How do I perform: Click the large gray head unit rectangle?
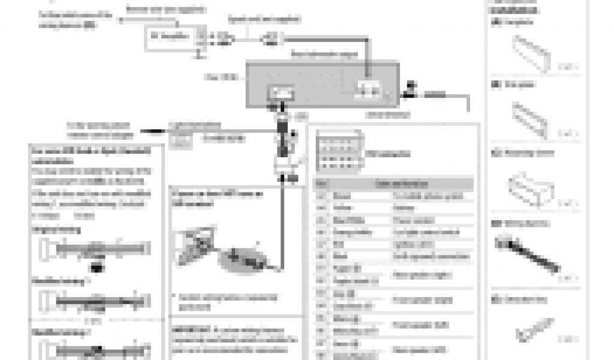(323, 83)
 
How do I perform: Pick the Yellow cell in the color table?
(341, 208)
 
